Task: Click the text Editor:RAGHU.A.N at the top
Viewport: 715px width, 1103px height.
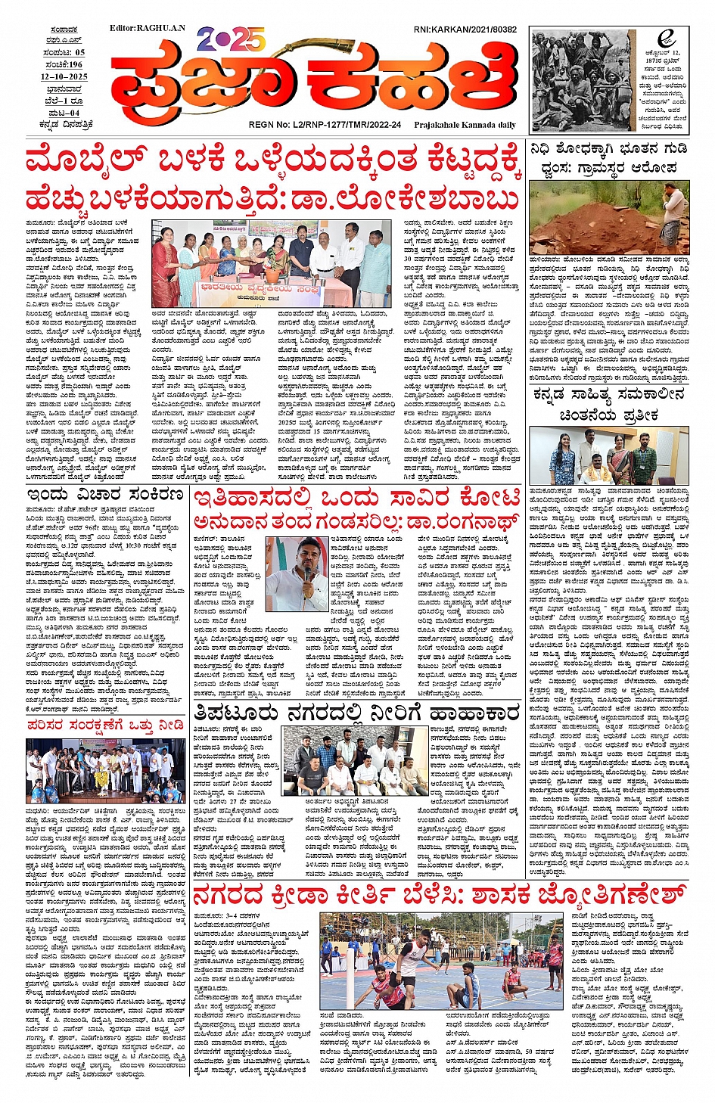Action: [147, 28]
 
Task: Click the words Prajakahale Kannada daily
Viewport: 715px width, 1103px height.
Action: [466, 125]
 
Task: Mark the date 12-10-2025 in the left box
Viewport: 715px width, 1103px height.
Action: [64, 76]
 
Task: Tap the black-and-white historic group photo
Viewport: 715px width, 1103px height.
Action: [581, 81]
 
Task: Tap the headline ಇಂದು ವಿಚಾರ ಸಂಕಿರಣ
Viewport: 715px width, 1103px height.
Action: [105, 495]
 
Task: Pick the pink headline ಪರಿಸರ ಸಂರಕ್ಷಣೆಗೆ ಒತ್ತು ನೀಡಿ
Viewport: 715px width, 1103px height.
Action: [105, 725]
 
